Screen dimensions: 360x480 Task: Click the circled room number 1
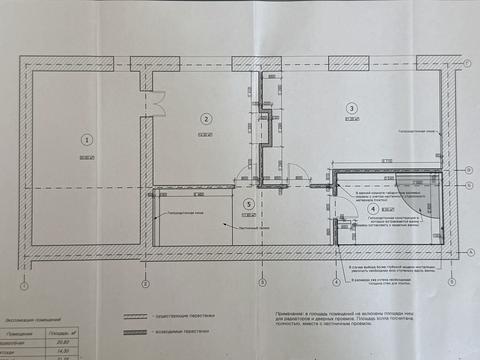[x=87, y=139]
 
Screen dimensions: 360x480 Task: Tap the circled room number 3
[x=351, y=108]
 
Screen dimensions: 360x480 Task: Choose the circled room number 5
[x=248, y=202]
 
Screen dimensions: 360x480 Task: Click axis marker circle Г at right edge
[x=468, y=62]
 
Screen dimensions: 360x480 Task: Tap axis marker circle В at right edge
[x=468, y=169]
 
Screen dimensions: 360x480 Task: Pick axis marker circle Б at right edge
[x=468, y=186]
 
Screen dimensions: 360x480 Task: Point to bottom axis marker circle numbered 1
[x=23, y=284]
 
